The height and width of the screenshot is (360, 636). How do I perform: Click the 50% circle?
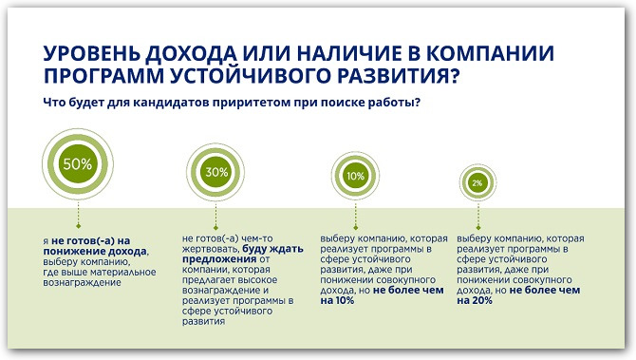pyautogui.click(x=78, y=163)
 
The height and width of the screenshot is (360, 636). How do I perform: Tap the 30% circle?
pyautogui.click(x=216, y=172)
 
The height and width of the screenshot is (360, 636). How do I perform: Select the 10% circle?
pyautogui.click(x=356, y=177)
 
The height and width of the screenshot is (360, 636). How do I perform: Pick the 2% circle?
pyautogui.click(x=477, y=181)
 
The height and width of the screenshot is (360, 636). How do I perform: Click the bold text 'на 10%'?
pyautogui.click(x=337, y=301)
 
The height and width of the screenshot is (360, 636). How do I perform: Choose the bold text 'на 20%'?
pyautogui.click(x=475, y=301)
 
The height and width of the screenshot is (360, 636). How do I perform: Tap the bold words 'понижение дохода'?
pyautogui.click(x=103, y=253)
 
